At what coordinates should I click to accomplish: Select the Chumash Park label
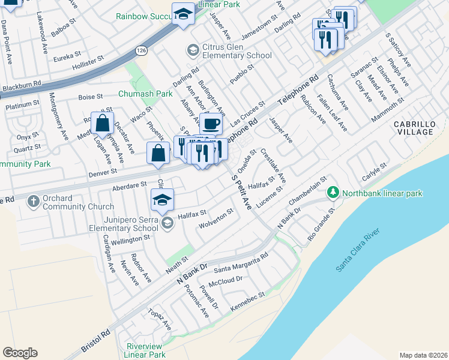145,94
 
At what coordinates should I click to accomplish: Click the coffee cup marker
211,124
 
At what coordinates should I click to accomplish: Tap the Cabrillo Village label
414,128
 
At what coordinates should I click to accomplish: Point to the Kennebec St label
247,298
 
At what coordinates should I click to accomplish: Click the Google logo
20,353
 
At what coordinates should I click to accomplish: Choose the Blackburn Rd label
20,88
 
